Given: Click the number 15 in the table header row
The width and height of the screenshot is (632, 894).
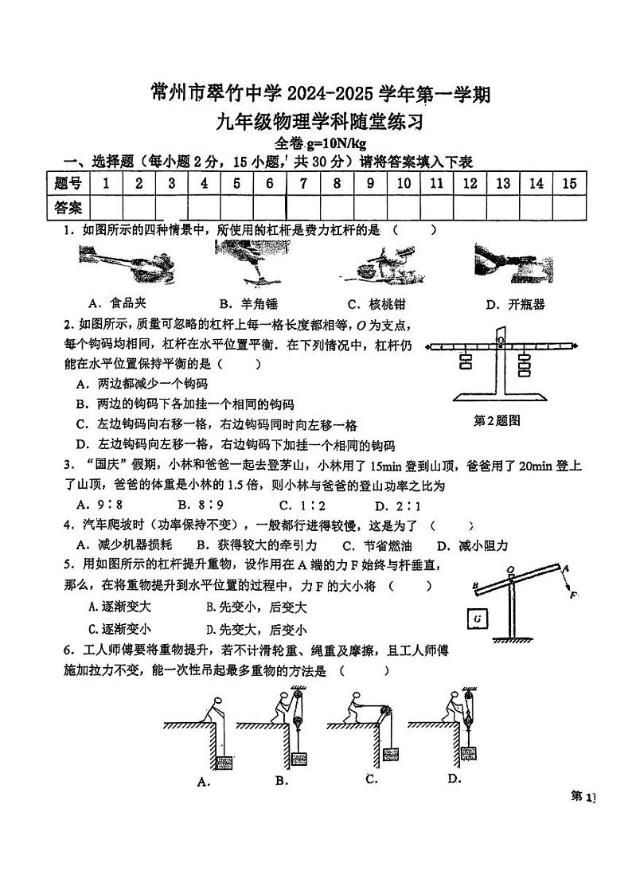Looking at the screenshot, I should click(568, 184).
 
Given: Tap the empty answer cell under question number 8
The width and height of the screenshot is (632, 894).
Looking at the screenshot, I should click(337, 208).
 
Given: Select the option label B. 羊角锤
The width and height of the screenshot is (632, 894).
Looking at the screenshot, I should click(248, 303).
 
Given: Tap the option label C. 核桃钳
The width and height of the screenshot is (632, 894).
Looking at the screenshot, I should click(376, 303).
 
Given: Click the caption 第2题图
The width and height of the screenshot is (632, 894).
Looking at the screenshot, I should click(497, 420).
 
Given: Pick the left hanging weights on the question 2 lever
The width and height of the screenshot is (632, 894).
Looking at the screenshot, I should click(465, 364).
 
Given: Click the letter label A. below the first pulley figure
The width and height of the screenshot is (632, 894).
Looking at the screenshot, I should click(203, 781).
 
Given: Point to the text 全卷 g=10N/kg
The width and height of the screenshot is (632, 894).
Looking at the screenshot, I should click(319, 143).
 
